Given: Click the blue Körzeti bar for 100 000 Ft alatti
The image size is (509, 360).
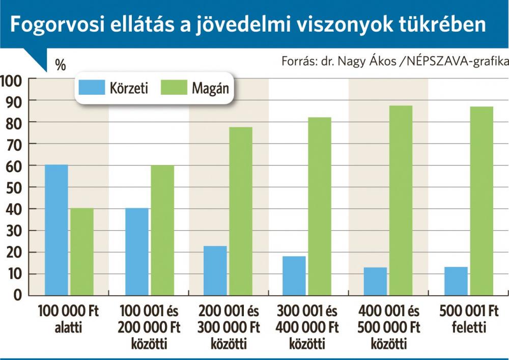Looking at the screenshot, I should click(56, 230).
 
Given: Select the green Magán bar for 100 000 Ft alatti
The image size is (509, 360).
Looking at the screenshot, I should click(82, 252).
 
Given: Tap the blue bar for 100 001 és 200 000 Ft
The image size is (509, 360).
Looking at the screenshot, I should click(136, 252).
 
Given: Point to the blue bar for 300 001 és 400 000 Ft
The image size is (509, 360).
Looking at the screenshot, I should click(294, 275).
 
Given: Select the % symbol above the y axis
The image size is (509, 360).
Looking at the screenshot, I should click(61, 65).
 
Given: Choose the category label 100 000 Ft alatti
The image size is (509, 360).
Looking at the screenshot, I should click(69, 319).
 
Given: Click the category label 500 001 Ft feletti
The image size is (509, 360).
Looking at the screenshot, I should click(468, 319).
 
